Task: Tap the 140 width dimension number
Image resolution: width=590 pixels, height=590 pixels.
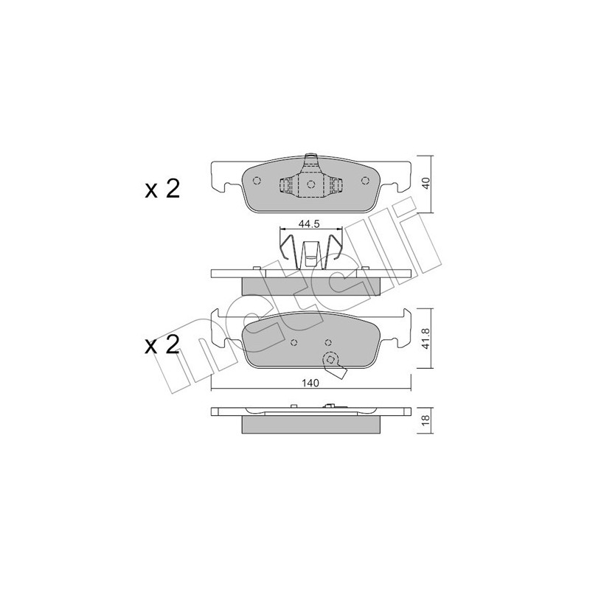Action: tap(311, 384)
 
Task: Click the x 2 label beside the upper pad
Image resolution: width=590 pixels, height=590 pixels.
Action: tap(162, 190)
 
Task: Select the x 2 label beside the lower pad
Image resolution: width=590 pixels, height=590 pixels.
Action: tap(162, 346)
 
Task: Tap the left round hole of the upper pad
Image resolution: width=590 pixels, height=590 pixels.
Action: tap(257, 181)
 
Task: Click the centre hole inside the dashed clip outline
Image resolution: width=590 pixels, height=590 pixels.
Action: tap(310, 184)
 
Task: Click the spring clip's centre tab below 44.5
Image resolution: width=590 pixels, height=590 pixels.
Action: tap(311, 255)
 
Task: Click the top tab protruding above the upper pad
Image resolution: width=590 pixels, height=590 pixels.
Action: tap(310, 157)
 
